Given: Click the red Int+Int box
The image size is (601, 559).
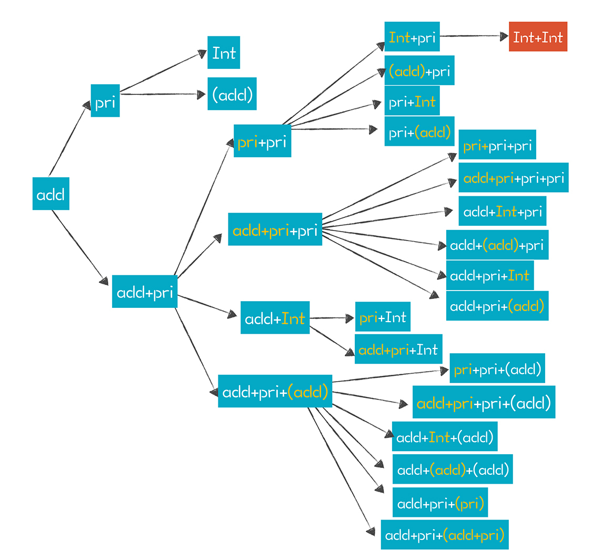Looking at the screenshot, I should click(538, 36).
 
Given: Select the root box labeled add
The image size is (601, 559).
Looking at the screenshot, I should click(51, 195).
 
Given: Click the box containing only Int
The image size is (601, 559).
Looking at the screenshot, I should click(224, 53).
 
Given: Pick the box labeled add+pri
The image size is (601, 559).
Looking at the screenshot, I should click(145, 292).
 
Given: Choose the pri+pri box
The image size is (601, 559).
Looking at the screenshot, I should click(262, 141).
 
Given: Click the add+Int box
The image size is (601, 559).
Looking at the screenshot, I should click(275, 317).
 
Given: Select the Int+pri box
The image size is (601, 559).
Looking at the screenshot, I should click(412, 36).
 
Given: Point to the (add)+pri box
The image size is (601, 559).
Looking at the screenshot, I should click(419, 70).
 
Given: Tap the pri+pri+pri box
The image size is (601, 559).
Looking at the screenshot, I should click(497, 145).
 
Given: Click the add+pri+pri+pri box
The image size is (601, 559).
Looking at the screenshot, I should click(514, 177).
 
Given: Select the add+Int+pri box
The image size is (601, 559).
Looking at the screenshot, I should click(502, 211).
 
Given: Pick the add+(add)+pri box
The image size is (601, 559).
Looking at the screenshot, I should click(497, 245).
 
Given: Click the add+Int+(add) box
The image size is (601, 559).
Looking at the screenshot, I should click(444, 437).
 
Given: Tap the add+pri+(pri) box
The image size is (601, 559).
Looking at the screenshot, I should click(440, 503).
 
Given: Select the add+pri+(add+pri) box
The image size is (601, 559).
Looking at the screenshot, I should click(445, 535).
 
